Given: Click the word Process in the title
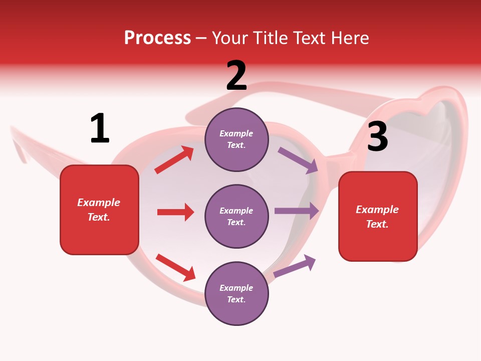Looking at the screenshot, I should click(x=157, y=38).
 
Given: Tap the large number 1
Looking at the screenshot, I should click(x=100, y=128).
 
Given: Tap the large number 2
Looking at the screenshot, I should click(x=236, y=76).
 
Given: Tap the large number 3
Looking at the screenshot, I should click(x=377, y=136).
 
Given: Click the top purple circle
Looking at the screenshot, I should click(x=236, y=139).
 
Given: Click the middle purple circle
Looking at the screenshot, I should click(x=236, y=216).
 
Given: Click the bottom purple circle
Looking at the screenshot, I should click(x=236, y=293).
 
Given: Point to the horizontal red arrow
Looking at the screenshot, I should click(x=175, y=212).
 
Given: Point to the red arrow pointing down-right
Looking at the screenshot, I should click(x=175, y=267).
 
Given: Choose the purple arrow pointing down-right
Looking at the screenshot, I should click(x=298, y=160).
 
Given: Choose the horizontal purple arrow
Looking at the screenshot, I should click(x=297, y=211).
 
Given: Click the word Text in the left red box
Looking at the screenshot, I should click(x=98, y=217).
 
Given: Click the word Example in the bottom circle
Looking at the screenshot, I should click(x=236, y=288).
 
